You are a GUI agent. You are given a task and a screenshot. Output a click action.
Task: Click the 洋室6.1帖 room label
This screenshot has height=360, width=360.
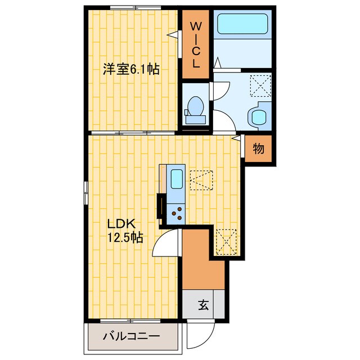click(130, 70)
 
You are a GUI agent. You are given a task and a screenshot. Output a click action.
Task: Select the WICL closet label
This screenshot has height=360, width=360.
click(196, 44)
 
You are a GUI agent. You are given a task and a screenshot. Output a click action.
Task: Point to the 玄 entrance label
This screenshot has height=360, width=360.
click(203, 306)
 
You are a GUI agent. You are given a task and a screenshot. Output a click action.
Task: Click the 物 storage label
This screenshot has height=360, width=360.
click(258, 149)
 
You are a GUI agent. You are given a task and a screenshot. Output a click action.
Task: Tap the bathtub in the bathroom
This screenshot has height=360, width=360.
click(243, 24)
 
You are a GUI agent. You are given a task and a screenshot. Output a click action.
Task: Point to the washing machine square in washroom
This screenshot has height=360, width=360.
click(259, 85)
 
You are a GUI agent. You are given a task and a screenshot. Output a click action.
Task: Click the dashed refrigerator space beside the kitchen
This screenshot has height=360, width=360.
click(201, 180)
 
